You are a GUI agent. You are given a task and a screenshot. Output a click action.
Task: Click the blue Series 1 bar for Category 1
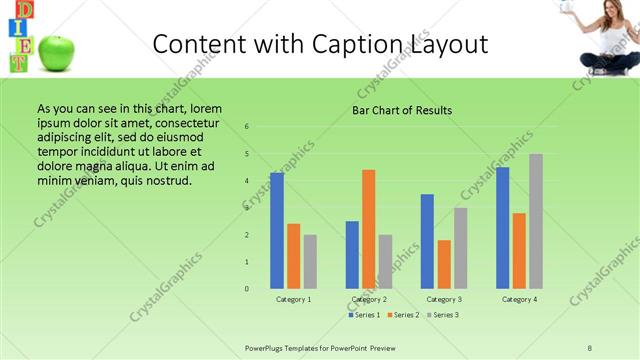tap(277, 231)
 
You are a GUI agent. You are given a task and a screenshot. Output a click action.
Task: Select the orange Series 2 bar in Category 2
tap(369, 229)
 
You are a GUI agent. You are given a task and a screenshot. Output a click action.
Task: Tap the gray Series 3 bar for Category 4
tap(536, 221)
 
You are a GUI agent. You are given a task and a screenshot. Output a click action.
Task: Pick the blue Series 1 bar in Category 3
tap(428, 241)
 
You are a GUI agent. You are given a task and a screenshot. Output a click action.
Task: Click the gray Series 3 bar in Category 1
tap(310, 262)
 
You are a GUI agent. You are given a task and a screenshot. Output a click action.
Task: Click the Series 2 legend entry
tap(404, 315)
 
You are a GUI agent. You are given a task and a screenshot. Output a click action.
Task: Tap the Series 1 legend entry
tap(365, 315)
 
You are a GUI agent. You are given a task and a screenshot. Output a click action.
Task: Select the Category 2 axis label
tap(369, 299)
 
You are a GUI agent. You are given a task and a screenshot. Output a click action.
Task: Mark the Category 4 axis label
tap(519, 299)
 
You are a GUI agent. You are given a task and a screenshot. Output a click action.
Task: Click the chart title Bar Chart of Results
tap(403, 110)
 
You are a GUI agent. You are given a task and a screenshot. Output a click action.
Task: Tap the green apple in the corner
tap(58, 53)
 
